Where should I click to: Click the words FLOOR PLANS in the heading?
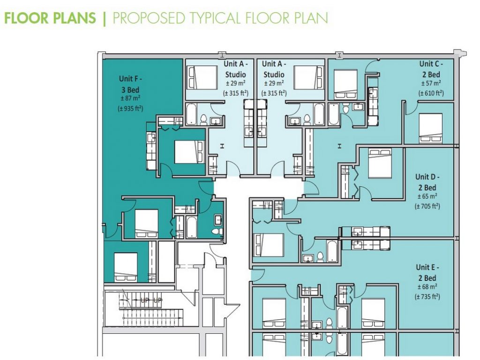(x=50, y=18)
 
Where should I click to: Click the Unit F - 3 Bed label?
(x=130, y=84)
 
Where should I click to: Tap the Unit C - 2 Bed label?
(x=430, y=69)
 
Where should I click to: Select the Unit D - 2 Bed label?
(x=427, y=182)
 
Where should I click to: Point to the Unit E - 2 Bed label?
(x=427, y=272)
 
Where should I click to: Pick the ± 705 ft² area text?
(x=427, y=206)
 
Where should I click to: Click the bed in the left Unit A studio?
(x=202, y=77)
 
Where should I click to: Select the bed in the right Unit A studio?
(x=308, y=77)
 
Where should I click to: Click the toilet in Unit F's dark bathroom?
(x=217, y=232)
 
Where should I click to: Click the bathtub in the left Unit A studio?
(x=192, y=114)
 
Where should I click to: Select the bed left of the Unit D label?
(x=380, y=164)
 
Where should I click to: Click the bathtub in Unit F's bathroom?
(x=192, y=226)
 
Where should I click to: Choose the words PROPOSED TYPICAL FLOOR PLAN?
(x=220, y=18)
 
